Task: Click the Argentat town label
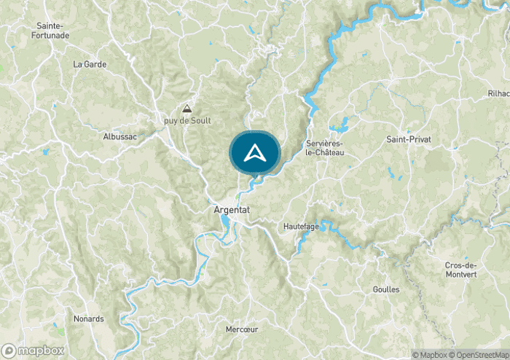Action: (232, 209)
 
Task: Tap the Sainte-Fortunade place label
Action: (53, 31)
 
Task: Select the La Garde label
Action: (90, 64)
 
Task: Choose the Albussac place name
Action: (119, 136)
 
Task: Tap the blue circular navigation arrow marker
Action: (255, 153)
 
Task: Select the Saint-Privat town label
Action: (407, 138)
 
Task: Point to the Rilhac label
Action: (499, 93)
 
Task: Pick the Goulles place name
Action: (385, 289)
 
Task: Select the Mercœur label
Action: (242, 329)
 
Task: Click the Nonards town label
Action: (89, 318)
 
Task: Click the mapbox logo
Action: (34, 349)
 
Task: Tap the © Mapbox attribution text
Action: (429, 355)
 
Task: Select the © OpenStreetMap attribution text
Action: (480, 355)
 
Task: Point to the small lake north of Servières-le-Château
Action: (341, 121)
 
